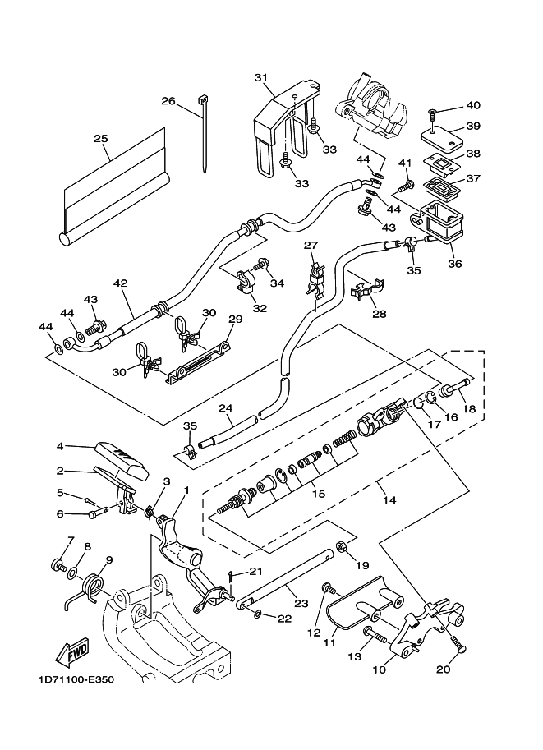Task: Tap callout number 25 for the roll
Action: coord(101,139)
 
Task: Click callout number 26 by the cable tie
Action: coord(168,101)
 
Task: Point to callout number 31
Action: coord(261,78)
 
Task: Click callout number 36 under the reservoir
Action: coord(454,264)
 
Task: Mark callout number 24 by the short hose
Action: coord(225,407)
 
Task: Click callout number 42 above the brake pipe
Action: coord(121,283)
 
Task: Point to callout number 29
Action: coord(235,319)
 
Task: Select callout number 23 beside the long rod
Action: coord(301,604)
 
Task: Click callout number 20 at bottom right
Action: coord(444,669)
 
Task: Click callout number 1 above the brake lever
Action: coord(186,490)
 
